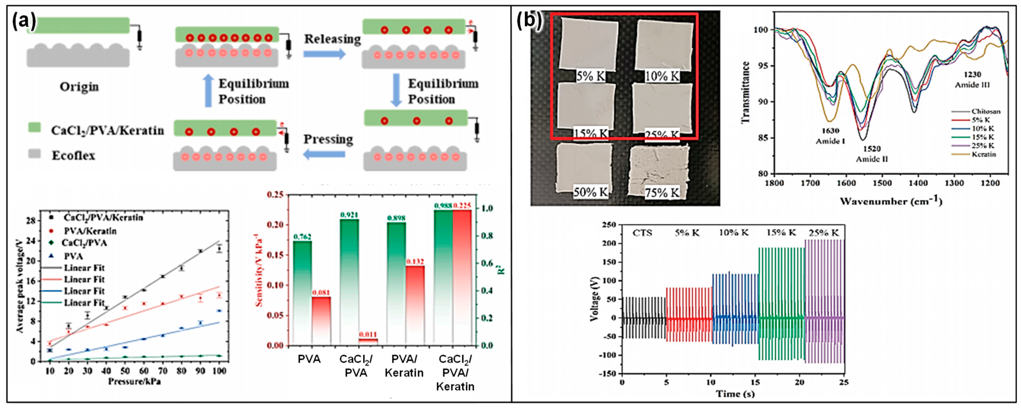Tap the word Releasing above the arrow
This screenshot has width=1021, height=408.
[x=332, y=39]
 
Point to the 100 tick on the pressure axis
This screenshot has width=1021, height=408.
[x=219, y=371]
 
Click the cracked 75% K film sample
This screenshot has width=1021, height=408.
[x=659, y=166]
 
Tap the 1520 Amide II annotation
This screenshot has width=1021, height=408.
[x=871, y=154]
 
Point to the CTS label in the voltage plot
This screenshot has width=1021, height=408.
[x=642, y=233]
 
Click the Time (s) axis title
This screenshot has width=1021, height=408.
[x=735, y=393]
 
